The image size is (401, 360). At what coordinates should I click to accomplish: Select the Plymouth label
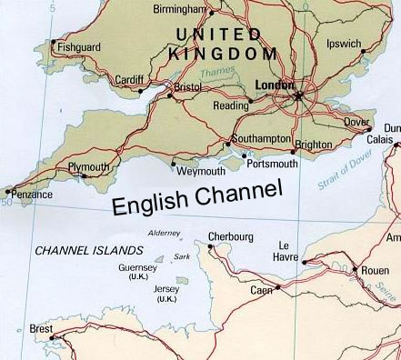pos(89,168)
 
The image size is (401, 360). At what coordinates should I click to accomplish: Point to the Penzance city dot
pos(10,191)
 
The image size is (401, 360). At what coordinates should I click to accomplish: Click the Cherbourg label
pos(230,236)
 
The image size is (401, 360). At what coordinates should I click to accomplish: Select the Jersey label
pos(167,289)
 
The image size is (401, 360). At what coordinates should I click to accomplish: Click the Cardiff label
pos(127,80)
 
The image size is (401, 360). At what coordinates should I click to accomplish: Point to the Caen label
pos(261,290)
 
